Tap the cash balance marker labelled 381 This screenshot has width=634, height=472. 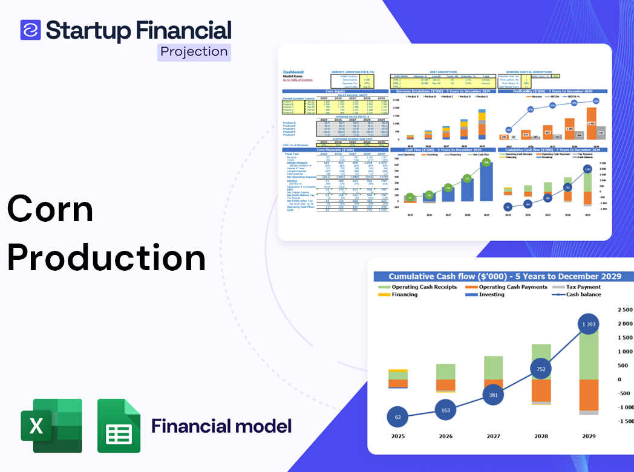[x=494, y=395]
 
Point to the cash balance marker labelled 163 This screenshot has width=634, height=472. [x=445, y=410]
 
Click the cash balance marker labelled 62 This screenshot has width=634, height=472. [x=397, y=417]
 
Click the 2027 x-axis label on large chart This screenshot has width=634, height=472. [x=494, y=436]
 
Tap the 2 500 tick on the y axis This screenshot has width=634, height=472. [x=625, y=309]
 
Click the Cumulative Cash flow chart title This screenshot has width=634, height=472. [x=505, y=276]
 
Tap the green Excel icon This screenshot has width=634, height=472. [x=51, y=425]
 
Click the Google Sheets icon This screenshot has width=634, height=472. [x=119, y=425]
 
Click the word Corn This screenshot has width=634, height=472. [x=50, y=210]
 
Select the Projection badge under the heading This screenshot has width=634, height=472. [x=194, y=51]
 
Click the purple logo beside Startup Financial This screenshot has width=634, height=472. [x=30, y=30]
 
